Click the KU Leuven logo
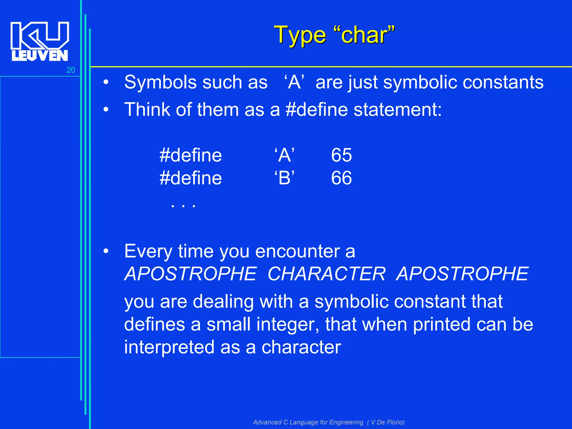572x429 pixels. [40, 41]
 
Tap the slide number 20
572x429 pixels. [71, 70]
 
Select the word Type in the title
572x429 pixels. [299, 36]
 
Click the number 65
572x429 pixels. [341, 155]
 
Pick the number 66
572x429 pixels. [341, 178]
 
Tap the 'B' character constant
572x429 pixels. [284, 178]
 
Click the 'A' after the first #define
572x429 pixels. [284, 155]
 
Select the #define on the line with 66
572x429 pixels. [190, 178]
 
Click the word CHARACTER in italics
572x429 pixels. [326, 274]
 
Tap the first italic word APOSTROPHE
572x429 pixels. [190, 274]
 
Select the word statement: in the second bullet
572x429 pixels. [398, 109]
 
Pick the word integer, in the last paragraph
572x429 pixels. [288, 325]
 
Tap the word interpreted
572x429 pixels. [169, 347]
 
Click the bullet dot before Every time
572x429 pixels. [106, 251]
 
